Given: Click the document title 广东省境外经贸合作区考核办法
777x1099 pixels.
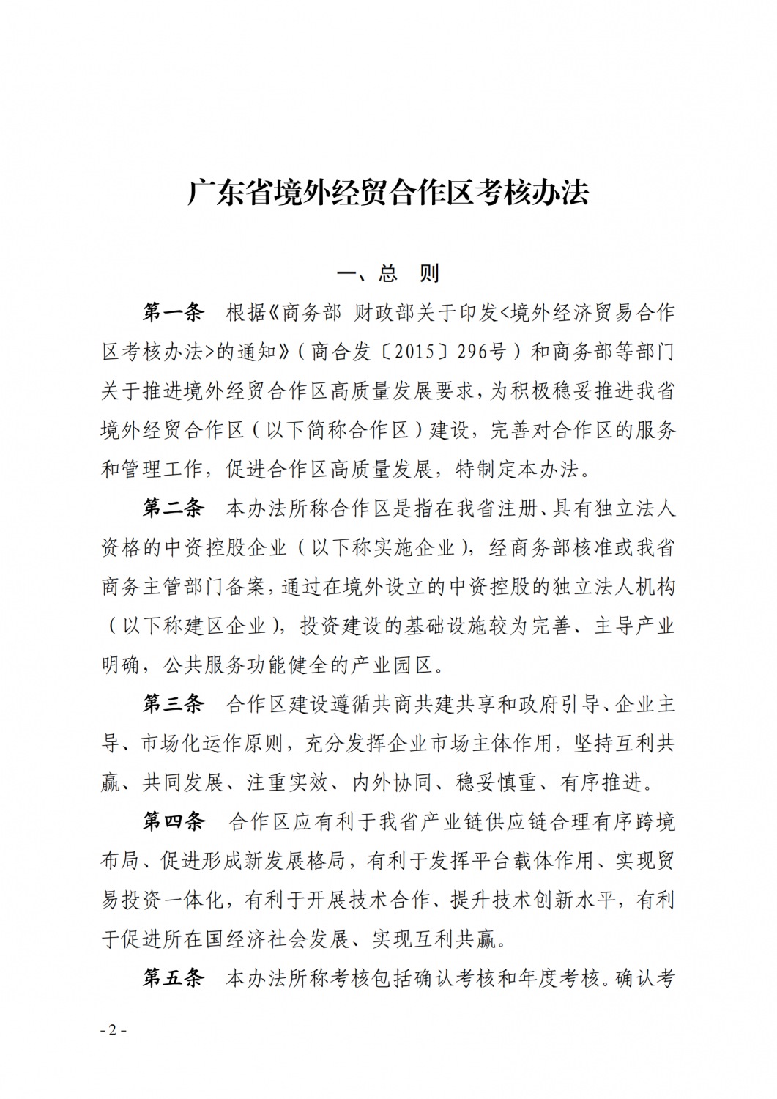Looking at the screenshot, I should pos(388,193).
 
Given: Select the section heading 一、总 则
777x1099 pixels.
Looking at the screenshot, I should pos(388,274).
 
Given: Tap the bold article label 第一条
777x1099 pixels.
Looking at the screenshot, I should pos(173,313).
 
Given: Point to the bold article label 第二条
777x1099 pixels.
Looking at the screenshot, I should pos(173,508).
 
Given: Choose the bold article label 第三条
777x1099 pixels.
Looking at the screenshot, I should pos(173,704).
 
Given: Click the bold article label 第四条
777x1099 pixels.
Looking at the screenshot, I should pos(173,822).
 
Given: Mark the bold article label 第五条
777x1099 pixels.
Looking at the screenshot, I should pos(173,978).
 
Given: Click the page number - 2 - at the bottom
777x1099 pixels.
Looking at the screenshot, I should pos(113,1029).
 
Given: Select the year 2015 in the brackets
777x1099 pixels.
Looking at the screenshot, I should pos(415,352).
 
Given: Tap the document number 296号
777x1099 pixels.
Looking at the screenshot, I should pos(483,352).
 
